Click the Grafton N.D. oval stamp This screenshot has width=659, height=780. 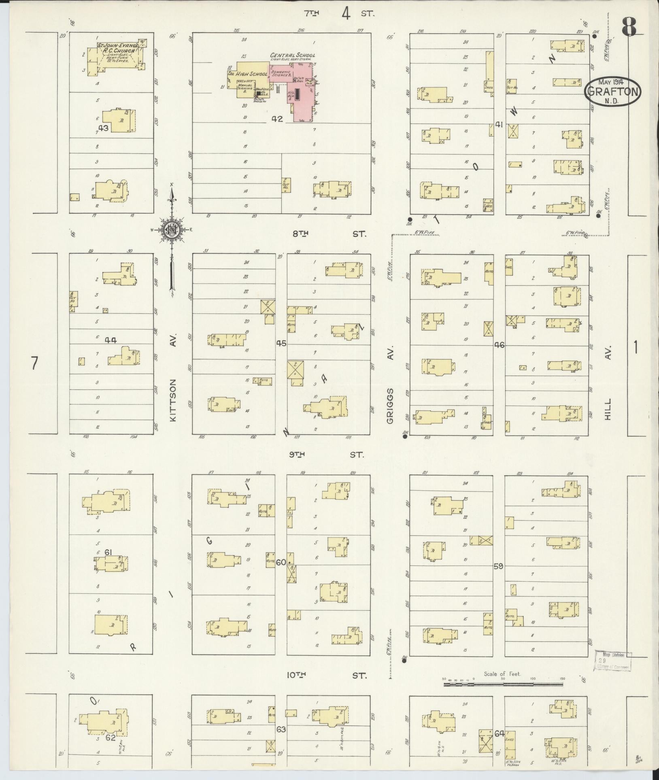click(613, 92)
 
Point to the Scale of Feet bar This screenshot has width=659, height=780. click(503, 684)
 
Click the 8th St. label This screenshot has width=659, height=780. click(329, 234)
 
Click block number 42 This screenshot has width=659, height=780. click(277, 119)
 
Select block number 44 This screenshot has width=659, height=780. click(111, 340)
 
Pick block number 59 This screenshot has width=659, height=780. click(499, 566)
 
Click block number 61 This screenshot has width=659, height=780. click(108, 552)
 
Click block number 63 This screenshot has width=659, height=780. click(281, 729)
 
